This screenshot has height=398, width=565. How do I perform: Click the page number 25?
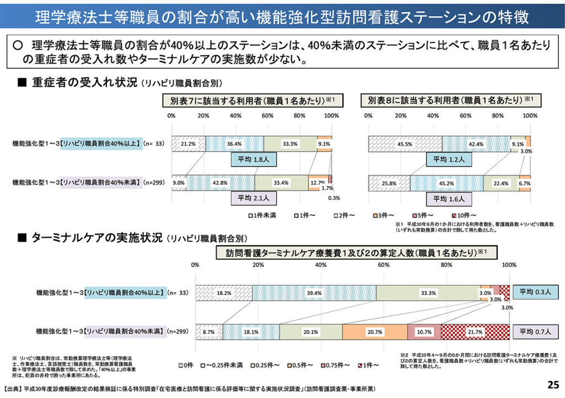pos(551,384)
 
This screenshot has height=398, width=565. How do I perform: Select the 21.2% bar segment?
pos(188,144)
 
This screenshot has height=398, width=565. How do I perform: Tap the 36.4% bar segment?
pos(234,144)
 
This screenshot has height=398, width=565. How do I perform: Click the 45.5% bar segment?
pos(405,144)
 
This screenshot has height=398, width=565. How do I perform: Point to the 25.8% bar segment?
pos(389,182)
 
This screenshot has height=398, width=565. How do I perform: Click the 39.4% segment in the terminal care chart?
pos(315,293)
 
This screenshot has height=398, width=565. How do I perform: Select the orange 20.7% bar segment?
pos(375,331)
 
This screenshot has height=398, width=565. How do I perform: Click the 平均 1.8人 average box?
pos(254,159)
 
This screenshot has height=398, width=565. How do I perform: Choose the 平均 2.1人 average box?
pos(254,198)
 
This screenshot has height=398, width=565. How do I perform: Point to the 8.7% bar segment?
pos(209,331)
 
